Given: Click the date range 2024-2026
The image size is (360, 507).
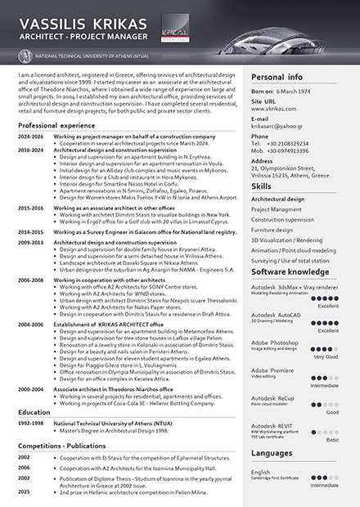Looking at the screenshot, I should point(31,137).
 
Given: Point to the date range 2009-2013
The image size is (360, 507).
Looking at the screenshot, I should point(31,243).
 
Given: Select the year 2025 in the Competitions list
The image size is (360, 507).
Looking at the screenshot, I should point(25,491).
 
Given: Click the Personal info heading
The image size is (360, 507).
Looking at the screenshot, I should point(278,76).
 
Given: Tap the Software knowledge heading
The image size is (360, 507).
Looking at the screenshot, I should point(290,271).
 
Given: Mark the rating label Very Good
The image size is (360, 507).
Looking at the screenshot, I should point(326,357).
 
